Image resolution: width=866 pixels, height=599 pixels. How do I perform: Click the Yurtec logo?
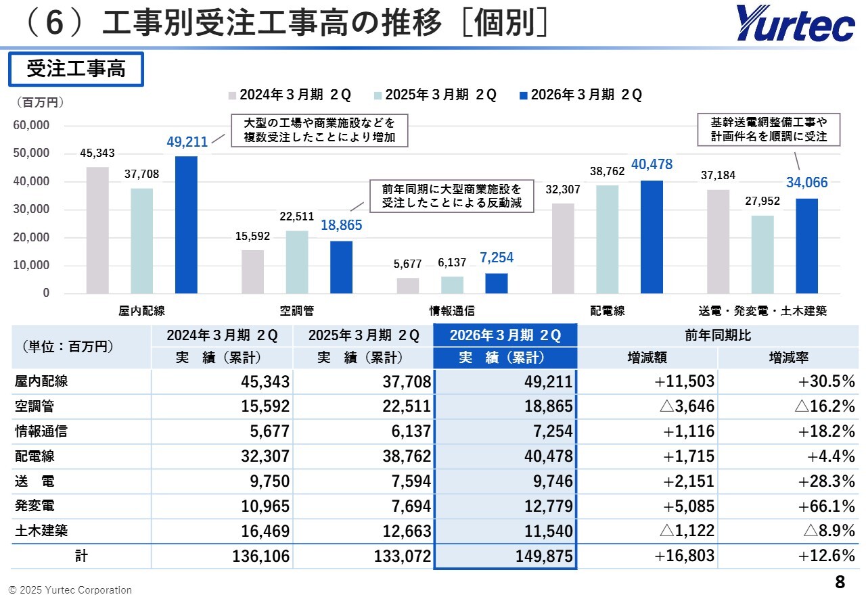click(796, 24)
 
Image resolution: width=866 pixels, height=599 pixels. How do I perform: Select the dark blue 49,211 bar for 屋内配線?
click(186, 224)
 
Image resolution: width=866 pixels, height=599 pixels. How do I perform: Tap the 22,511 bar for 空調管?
click(297, 262)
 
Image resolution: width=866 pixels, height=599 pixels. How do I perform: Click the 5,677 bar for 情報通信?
click(408, 285)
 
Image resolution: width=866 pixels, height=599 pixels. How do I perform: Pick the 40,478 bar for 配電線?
click(652, 237)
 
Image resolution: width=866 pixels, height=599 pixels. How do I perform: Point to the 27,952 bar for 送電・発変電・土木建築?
click(762, 254)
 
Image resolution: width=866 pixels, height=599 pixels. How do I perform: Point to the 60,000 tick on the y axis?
click(32, 125)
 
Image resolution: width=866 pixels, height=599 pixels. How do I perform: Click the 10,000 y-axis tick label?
click(32, 265)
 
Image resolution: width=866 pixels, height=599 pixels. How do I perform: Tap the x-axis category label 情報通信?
click(452, 311)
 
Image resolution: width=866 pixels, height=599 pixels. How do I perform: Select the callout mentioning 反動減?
click(451, 196)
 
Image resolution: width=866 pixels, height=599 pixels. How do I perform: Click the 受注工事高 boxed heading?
click(76, 70)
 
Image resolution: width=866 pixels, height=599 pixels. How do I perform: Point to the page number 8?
click(840, 582)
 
